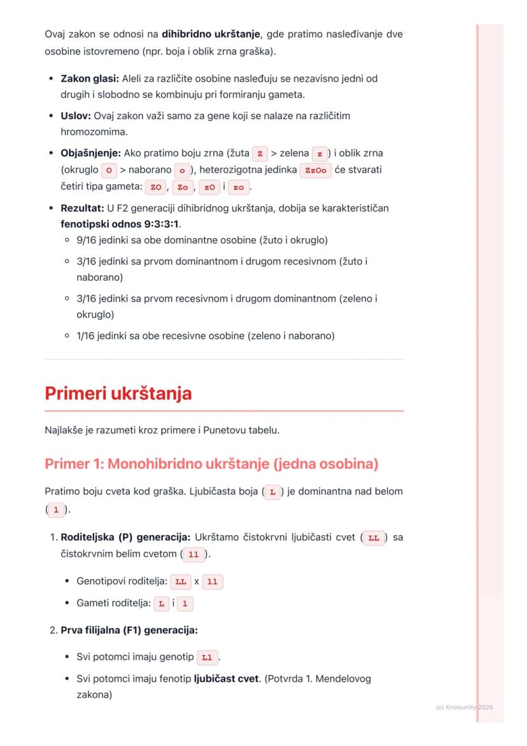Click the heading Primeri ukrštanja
click(x=118, y=394)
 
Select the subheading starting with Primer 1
click(x=211, y=464)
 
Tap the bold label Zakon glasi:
click(x=90, y=78)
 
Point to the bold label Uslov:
click(x=76, y=116)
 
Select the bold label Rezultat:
click(x=83, y=208)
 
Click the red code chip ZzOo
click(x=315, y=171)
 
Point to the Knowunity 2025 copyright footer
click(x=464, y=707)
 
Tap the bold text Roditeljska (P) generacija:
click(x=126, y=537)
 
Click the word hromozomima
click(x=91, y=133)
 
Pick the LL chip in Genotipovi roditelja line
click(x=181, y=582)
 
